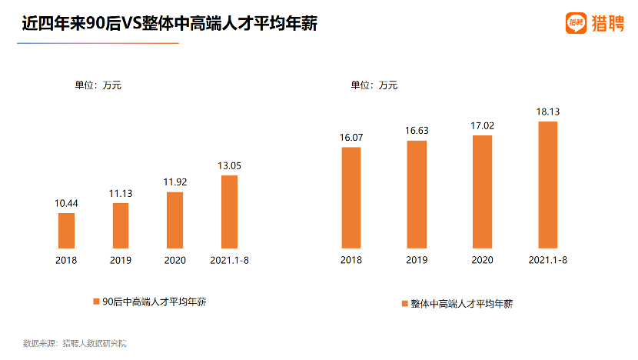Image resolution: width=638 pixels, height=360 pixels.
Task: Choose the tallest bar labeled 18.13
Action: [547, 184]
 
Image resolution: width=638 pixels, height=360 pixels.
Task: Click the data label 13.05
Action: [230, 165]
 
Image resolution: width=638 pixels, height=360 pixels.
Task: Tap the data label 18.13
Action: [547, 112]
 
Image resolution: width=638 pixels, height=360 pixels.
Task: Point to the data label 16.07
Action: [351, 137]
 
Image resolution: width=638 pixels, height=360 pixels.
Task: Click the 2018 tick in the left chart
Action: [66, 260]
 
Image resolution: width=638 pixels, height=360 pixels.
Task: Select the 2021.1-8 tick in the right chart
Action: [548, 260]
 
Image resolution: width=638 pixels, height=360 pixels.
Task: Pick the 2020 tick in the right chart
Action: [482, 260]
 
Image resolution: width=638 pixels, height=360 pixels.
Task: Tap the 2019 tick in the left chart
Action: [121, 260]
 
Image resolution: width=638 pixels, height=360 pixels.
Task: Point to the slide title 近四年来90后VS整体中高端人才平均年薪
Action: [170, 25]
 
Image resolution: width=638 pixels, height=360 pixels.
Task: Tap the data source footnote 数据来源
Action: [75, 343]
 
